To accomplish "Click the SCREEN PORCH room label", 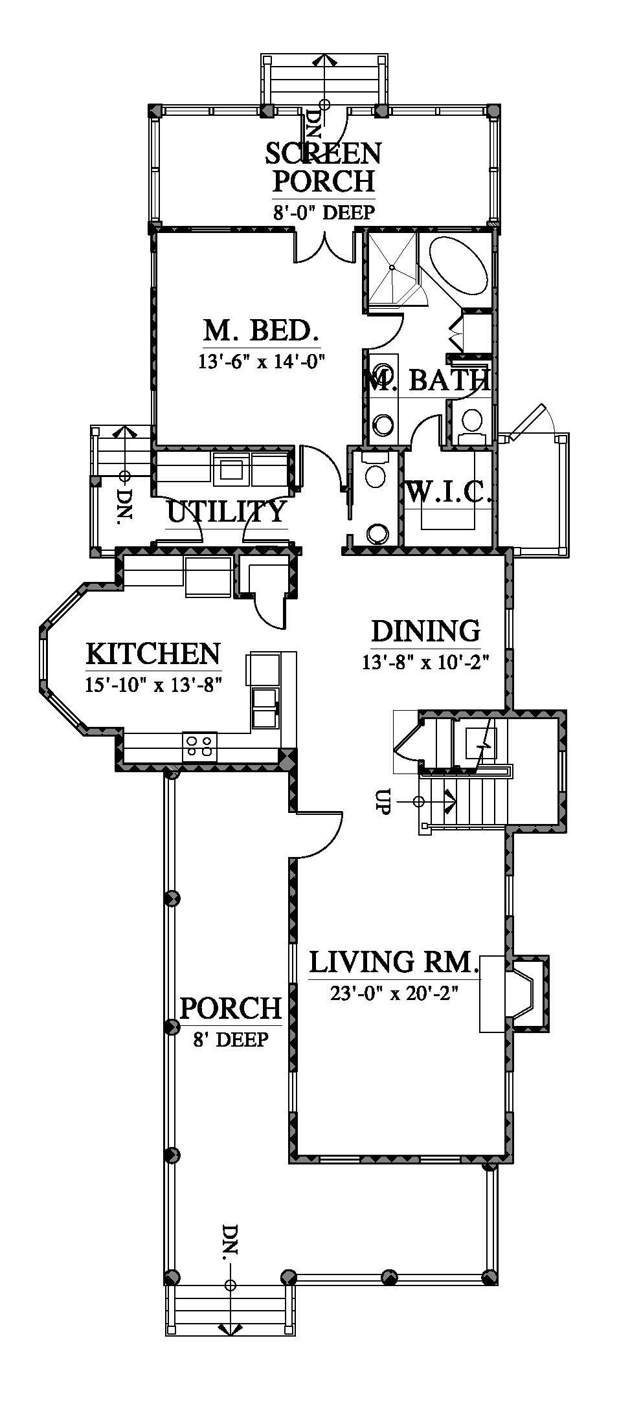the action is click(x=323, y=167).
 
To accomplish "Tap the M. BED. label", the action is click(x=261, y=331).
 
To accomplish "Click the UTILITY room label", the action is click(x=226, y=512).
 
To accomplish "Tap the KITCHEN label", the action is click(x=153, y=654).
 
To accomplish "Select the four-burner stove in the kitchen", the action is click(x=199, y=746).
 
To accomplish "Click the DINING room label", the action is click(x=425, y=631).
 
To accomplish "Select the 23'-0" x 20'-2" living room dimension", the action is click(x=394, y=993).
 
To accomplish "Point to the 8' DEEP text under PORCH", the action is click(x=230, y=1040).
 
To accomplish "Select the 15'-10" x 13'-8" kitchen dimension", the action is click(x=153, y=685).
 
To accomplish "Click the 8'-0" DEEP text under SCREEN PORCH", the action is click(x=323, y=212).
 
